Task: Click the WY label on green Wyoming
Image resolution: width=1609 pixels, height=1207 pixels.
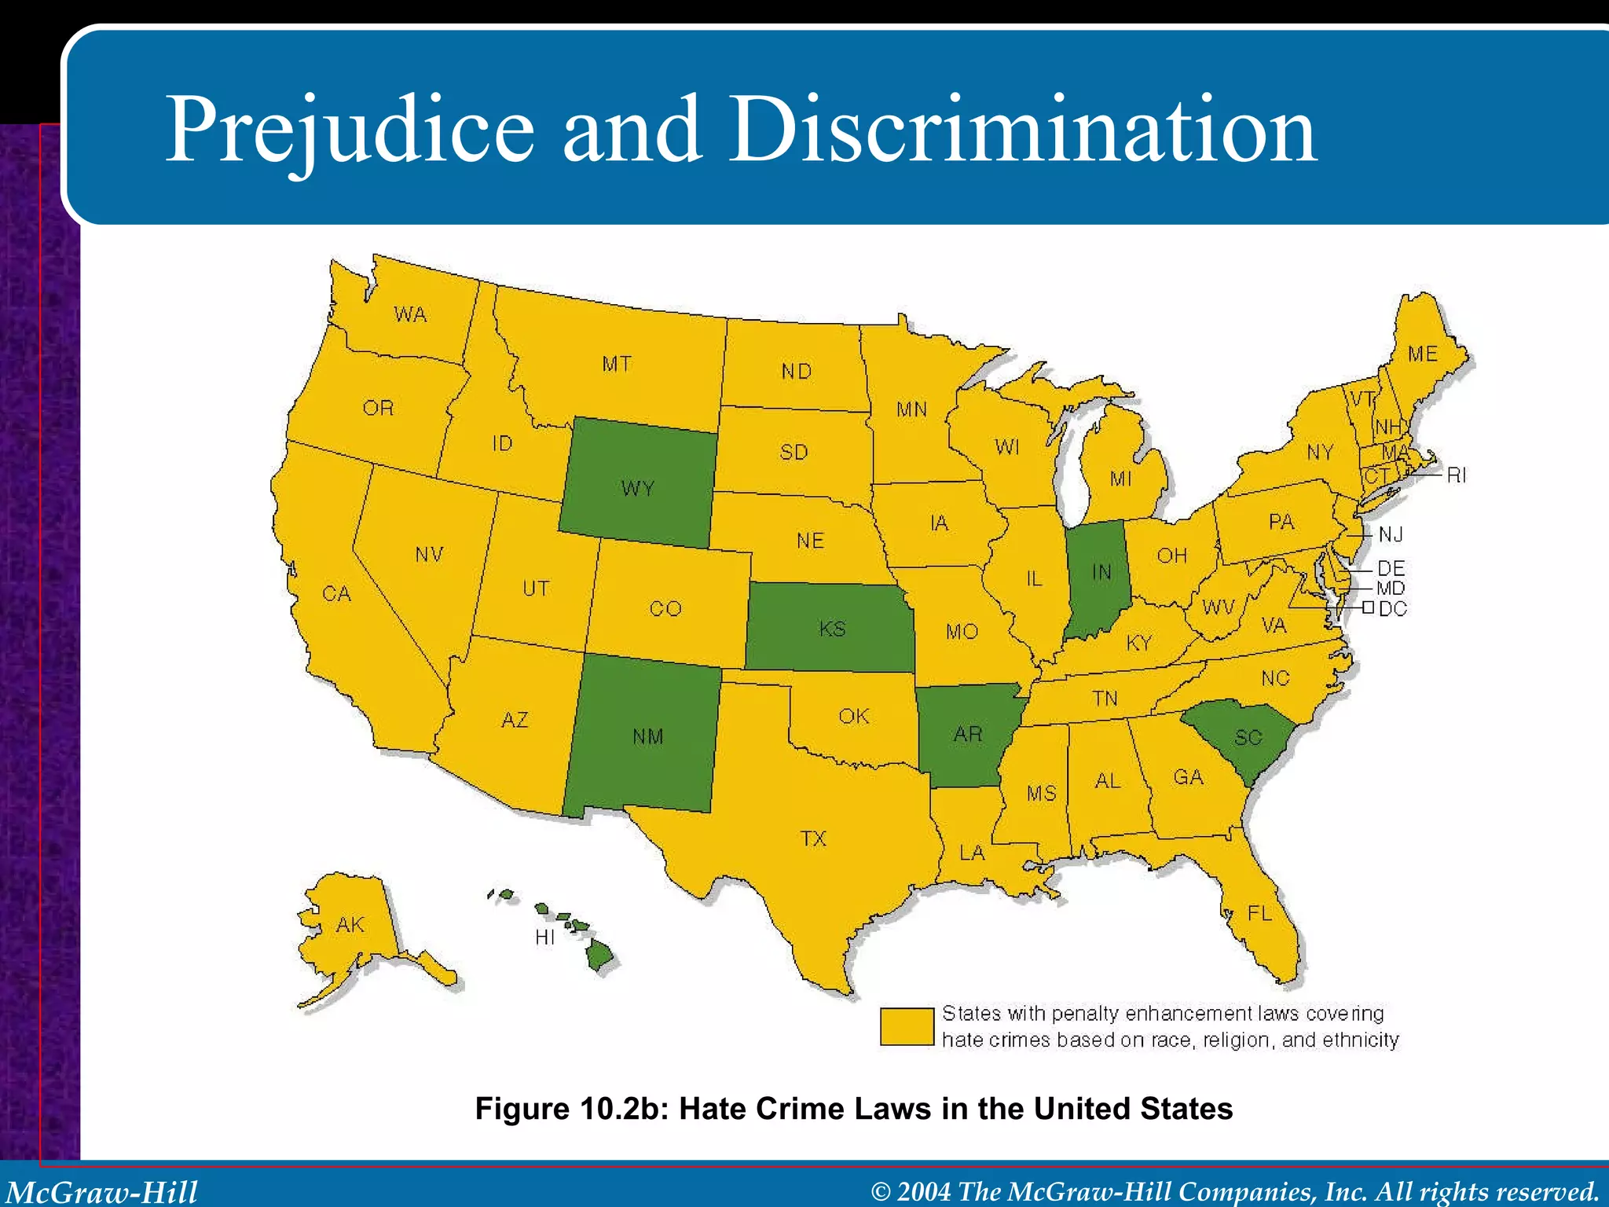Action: point(637,489)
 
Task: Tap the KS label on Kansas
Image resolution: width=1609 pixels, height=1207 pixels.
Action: point(832,629)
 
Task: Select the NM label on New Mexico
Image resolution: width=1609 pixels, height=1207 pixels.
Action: point(648,736)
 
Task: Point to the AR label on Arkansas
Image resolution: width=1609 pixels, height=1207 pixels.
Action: point(968,734)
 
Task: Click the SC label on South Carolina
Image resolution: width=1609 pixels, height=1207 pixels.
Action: point(1248,737)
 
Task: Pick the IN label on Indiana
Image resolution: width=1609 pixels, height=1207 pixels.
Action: point(1101,572)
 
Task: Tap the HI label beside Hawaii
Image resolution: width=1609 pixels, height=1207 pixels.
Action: point(544,937)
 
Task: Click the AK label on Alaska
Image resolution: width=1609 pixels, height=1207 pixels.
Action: point(350,925)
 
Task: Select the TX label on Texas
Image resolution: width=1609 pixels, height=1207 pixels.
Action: point(813,838)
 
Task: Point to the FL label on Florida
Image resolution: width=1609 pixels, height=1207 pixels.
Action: point(1259,913)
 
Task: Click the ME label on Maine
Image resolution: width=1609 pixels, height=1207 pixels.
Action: point(1423,354)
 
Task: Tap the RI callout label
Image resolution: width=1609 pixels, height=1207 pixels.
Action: point(1456,475)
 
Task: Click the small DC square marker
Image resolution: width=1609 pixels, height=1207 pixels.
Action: point(1368,607)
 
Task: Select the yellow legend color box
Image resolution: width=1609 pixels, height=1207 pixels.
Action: point(907,1026)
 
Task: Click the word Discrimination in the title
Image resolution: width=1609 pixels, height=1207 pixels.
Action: point(1022,130)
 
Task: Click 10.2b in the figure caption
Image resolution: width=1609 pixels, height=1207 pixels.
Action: point(624,1109)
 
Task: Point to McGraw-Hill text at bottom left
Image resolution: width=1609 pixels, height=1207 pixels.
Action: point(102,1192)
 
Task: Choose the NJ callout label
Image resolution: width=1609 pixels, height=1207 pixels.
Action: point(1391,534)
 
